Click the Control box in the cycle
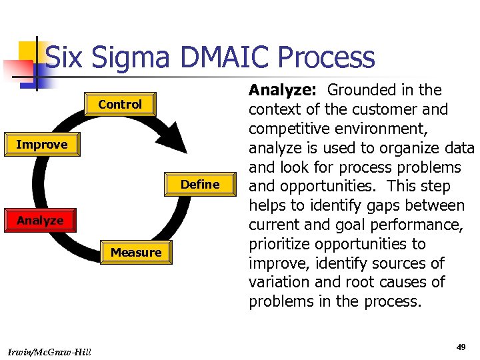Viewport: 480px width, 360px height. tap(120, 105)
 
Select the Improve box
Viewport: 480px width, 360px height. tap(41, 145)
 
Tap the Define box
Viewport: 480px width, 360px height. tap(200, 185)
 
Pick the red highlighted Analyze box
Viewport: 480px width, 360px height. tap(40, 221)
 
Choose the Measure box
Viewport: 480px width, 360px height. tap(136, 253)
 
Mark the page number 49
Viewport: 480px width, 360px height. tap(461, 347)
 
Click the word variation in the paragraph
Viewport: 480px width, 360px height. tap(278, 282)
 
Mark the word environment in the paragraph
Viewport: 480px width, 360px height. tap(385, 129)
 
